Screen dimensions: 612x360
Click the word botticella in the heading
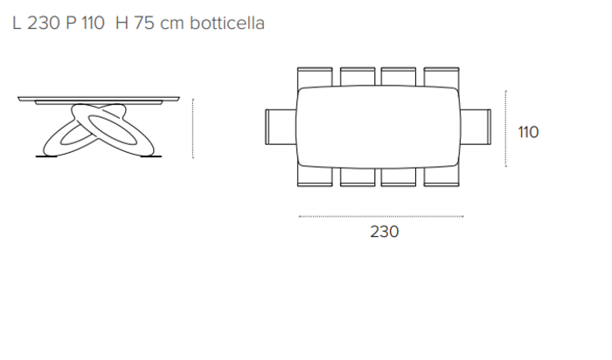click(x=227, y=23)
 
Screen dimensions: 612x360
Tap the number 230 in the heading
click(x=44, y=23)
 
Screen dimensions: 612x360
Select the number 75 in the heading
click(x=144, y=23)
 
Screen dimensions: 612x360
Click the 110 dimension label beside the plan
click(x=528, y=132)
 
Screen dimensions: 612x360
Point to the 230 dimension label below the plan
click(x=385, y=232)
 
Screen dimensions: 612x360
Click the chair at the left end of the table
click(x=281, y=127)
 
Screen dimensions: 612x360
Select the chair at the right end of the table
click(x=476, y=127)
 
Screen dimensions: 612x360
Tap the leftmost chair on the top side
click(x=315, y=77)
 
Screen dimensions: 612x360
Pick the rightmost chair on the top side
click(x=442, y=77)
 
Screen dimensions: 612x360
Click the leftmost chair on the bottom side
click(x=315, y=177)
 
